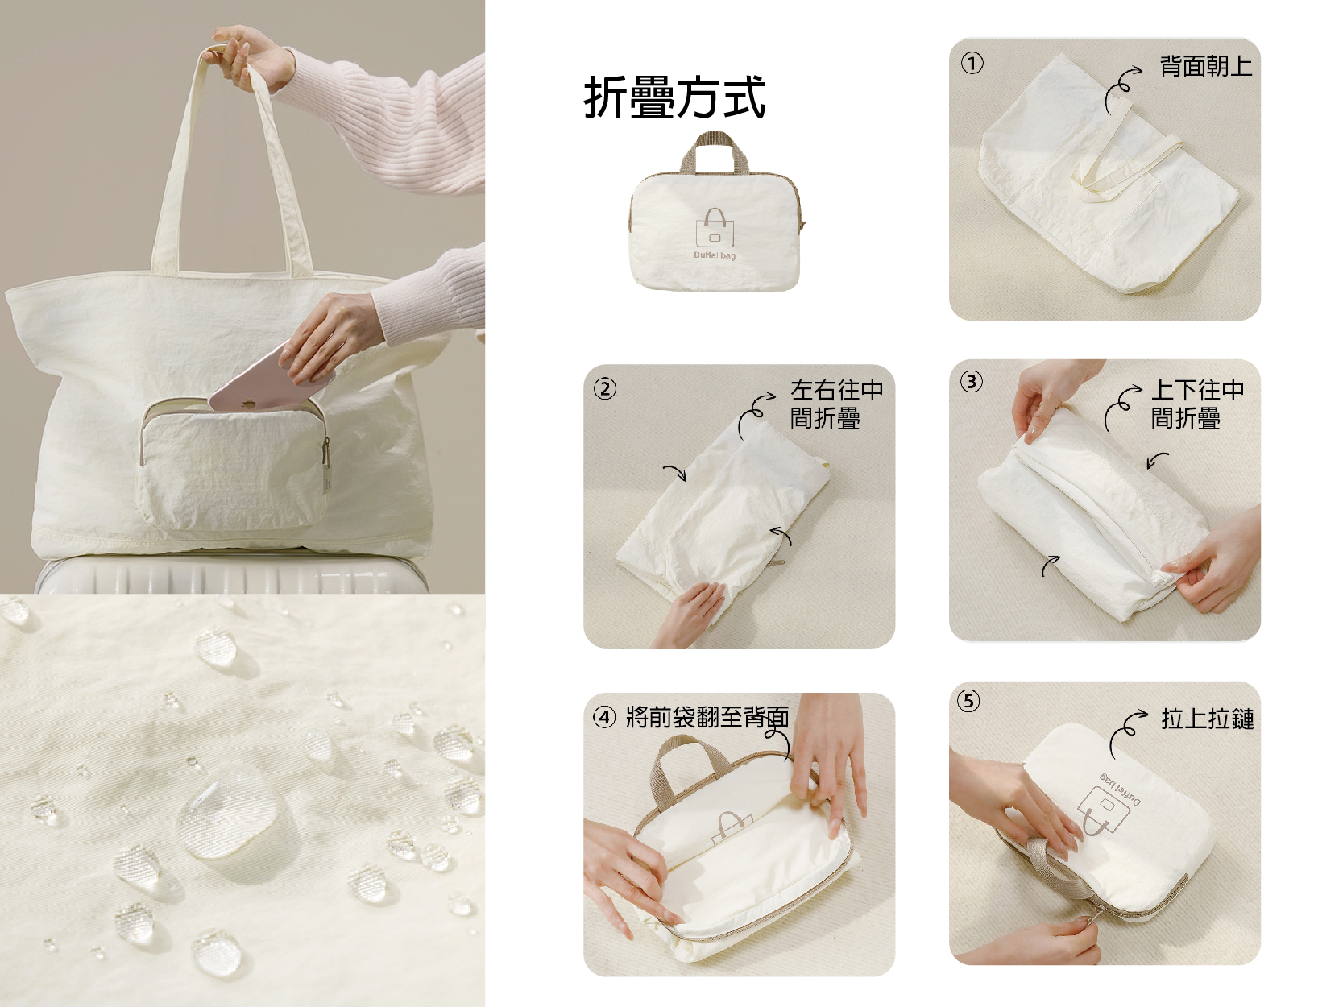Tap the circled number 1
pos(972,63)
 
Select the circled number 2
pos(605,389)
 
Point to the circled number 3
pos(971,382)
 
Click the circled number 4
pos(604,717)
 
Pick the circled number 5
pos(968,701)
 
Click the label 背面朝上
pos(1206,66)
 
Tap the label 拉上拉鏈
pos(1208,719)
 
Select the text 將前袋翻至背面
pos(707,717)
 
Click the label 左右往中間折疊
pos(836,404)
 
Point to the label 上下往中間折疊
pos(1197,404)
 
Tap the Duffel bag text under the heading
pos(715,255)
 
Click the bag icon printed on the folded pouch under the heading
pos(715,228)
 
